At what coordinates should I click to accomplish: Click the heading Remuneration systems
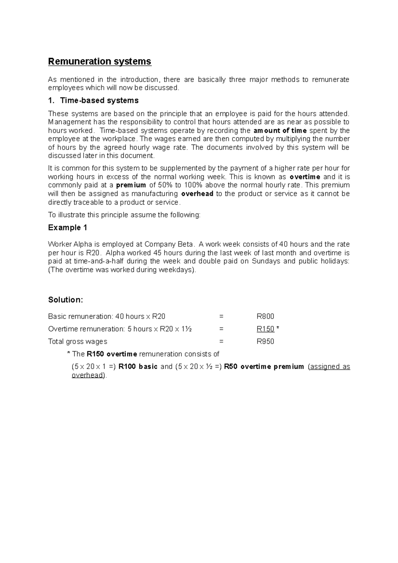99,62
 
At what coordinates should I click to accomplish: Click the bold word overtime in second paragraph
305,177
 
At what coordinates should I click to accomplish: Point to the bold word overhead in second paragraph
197,194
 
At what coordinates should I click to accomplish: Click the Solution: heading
65,300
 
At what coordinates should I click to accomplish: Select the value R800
265,317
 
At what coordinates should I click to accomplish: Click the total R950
265,342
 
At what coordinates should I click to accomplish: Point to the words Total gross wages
78,342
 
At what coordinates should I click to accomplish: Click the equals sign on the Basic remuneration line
221,317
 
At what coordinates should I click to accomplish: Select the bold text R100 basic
138,367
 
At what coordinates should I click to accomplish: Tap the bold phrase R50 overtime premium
264,367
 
